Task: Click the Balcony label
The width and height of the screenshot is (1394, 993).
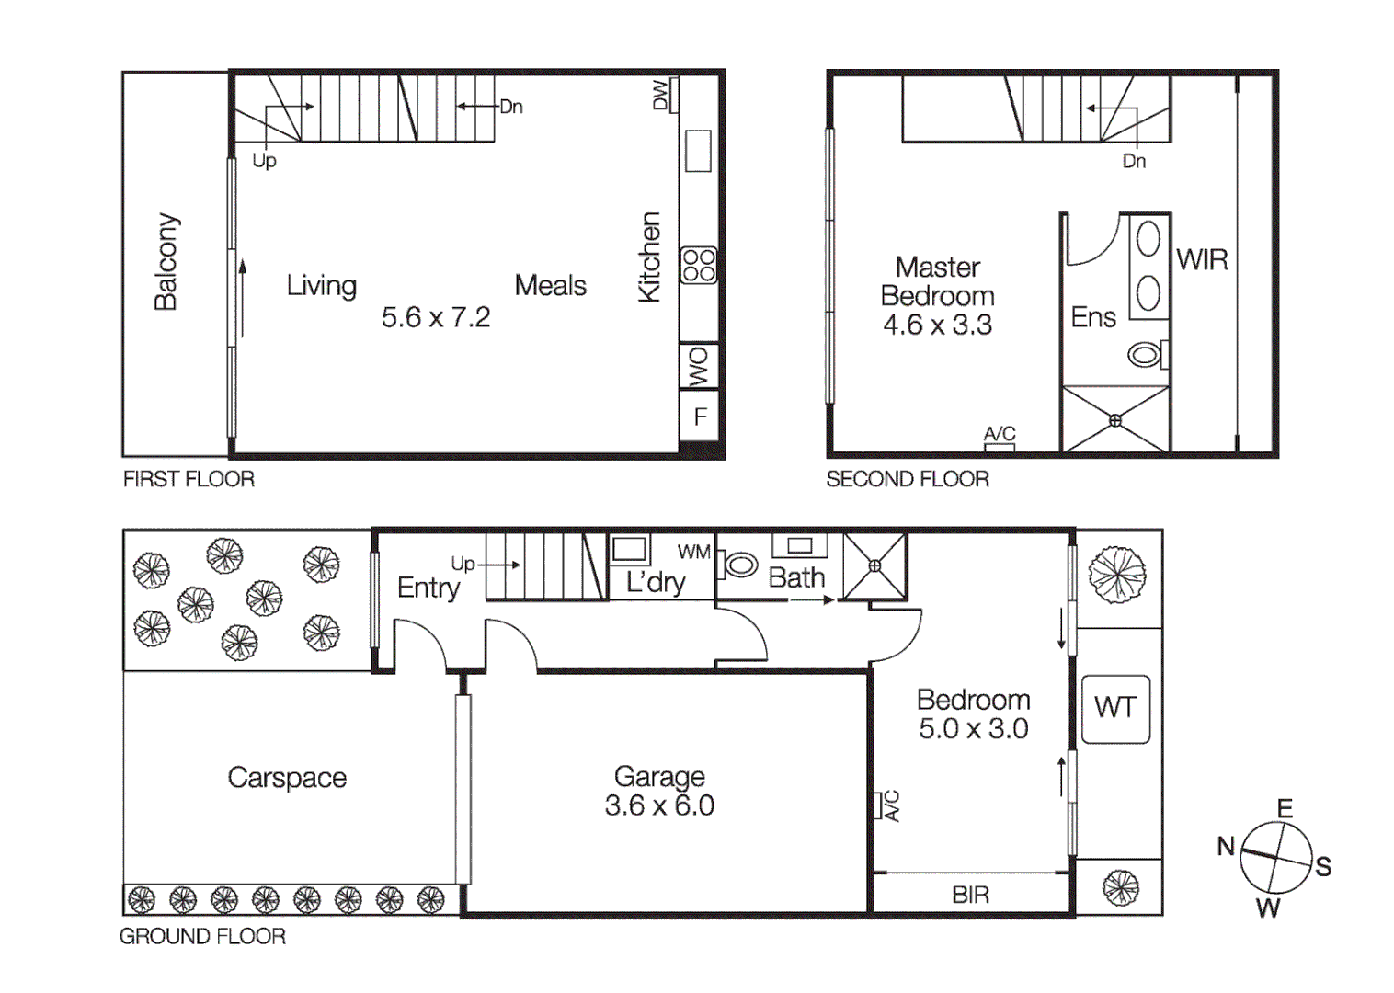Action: pyautogui.click(x=166, y=262)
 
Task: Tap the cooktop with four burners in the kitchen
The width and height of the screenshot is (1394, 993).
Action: pyautogui.click(x=698, y=266)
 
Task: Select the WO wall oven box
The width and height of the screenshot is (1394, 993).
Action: pyautogui.click(x=699, y=367)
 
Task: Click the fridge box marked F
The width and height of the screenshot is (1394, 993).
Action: pyautogui.click(x=700, y=417)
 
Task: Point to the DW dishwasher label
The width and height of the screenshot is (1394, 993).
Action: pyautogui.click(x=660, y=95)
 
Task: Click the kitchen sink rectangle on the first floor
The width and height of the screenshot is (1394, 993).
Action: pyautogui.click(x=698, y=151)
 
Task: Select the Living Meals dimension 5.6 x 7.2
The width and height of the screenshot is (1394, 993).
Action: pyautogui.click(x=436, y=318)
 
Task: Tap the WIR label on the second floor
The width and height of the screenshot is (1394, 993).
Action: pyautogui.click(x=1202, y=260)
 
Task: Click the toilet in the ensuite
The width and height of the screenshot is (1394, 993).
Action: pyautogui.click(x=1146, y=354)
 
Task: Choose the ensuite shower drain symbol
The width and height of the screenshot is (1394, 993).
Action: pyautogui.click(x=1115, y=420)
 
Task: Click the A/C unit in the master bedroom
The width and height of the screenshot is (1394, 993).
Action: pyautogui.click(x=1000, y=447)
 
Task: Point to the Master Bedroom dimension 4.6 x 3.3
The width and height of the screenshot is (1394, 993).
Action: pyautogui.click(x=937, y=325)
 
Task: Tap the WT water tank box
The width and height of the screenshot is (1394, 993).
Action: pyautogui.click(x=1115, y=708)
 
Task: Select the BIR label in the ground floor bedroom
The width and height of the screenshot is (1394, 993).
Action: pyautogui.click(x=971, y=895)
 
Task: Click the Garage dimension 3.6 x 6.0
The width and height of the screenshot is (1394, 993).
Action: pyautogui.click(x=659, y=806)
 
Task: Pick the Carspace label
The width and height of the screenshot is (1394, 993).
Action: pyautogui.click(x=287, y=778)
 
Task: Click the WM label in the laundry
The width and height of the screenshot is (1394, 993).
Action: pyautogui.click(x=694, y=552)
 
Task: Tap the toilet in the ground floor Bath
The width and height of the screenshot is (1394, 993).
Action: pyautogui.click(x=740, y=565)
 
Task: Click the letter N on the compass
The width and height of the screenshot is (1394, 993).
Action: pyautogui.click(x=1226, y=846)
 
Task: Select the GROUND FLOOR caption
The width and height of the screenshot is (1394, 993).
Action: pyautogui.click(x=202, y=936)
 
